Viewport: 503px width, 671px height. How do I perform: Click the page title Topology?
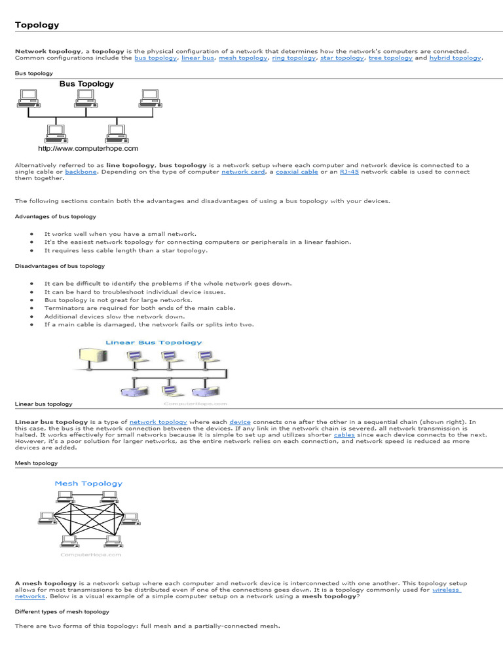tap(37, 25)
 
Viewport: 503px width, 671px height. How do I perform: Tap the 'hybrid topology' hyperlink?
tap(455, 58)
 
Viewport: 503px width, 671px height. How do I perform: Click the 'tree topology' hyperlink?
tap(390, 58)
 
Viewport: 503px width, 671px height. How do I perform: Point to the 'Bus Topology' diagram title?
tap(86, 84)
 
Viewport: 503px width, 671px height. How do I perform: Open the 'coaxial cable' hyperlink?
tap(297, 172)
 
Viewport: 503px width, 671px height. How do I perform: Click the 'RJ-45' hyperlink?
tap(349, 172)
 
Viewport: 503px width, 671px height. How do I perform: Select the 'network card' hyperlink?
tap(243, 172)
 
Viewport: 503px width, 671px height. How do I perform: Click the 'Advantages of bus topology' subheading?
tap(56, 216)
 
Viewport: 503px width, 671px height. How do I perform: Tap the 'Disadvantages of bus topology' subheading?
tap(60, 266)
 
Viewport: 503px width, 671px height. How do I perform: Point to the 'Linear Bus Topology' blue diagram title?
tap(154, 343)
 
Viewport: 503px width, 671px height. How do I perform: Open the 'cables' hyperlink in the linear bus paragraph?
tap(345, 434)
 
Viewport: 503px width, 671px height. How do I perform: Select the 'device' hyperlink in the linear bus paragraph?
tap(240, 422)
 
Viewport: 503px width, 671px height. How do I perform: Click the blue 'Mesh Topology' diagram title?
tap(88, 484)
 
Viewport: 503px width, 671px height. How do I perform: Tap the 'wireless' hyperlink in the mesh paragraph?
tap(447, 590)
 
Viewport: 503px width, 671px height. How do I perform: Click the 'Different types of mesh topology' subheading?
tap(62, 611)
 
